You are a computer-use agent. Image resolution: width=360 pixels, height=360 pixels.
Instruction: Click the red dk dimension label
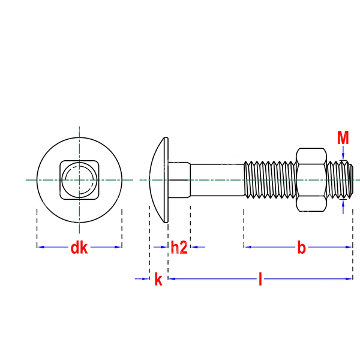click(x=79, y=247)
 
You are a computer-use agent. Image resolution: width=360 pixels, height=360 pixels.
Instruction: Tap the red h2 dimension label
click(x=179, y=247)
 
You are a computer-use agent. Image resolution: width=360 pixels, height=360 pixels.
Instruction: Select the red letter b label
click(x=301, y=247)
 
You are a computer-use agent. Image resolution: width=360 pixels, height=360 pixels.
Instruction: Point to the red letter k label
click(x=158, y=279)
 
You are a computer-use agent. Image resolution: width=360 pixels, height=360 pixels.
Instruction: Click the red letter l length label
click(x=260, y=279)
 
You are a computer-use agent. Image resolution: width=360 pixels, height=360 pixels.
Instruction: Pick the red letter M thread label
click(x=343, y=137)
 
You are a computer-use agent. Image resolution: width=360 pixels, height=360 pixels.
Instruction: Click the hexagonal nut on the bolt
click(x=311, y=180)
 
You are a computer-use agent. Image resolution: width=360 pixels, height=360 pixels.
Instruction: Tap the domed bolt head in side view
click(x=158, y=180)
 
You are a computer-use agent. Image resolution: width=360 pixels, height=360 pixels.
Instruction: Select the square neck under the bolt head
click(x=179, y=180)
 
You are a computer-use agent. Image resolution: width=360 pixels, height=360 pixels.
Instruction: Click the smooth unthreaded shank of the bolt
click(x=217, y=180)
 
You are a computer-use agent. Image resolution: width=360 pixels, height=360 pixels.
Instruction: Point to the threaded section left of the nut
click(x=270, y=180)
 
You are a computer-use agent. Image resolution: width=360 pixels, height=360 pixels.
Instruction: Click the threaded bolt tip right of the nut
click(x=340, y=180)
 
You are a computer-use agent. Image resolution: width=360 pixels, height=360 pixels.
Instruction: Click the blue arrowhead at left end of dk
click(x=40, y=247)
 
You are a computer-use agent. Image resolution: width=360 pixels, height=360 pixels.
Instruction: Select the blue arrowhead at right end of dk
click(x=118, y=247)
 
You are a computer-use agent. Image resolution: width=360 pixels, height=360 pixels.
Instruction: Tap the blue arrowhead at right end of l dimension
click(x=349, y=279)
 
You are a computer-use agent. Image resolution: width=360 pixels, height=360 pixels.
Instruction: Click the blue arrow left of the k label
click(x=142, y=279)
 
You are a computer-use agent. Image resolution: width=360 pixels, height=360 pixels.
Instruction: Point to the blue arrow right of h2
click(x=197, y=247)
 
